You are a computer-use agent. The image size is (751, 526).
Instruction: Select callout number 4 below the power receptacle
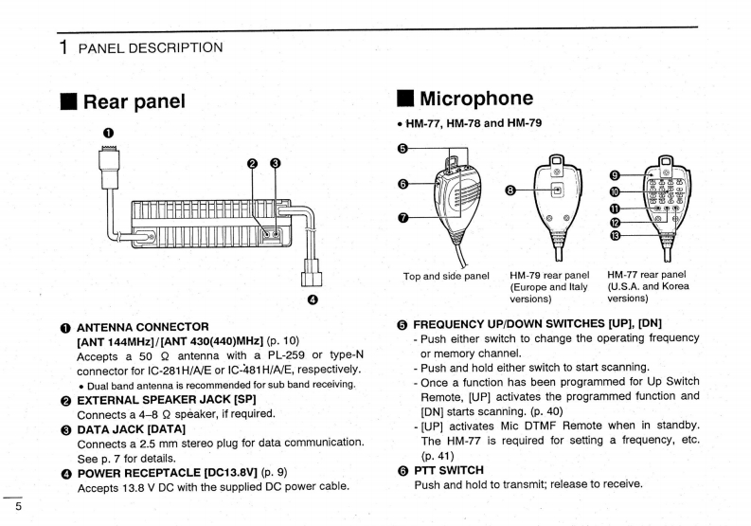tap(313, 301)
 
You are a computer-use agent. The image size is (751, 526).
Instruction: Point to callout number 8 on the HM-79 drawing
tap(511, 190)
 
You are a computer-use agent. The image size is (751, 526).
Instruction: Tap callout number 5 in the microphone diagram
tap(402, 148)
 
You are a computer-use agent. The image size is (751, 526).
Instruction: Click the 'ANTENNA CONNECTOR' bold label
tap(142, 327)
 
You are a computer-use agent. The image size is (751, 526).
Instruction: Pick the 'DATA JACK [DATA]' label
tap(132, 429)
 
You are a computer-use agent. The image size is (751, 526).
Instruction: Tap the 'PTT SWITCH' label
tap(449, 470)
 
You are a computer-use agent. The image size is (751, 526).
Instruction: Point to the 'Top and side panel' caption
tap(446, 276)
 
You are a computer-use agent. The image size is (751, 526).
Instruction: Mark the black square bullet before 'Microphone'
tap(404, 98)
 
